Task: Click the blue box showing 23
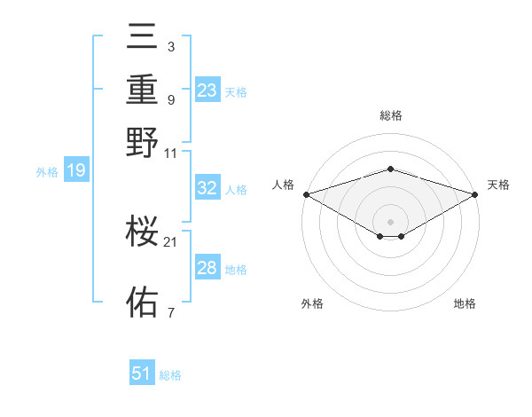(207, 90)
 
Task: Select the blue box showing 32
(207, 188)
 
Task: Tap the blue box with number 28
(207, 268)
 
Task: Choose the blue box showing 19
(75, 171)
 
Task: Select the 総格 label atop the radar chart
(390, 115)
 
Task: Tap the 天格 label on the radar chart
(498, 185)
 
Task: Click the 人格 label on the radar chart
(284, 185)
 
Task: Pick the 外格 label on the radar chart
(312, 304)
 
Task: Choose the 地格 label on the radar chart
(465, 304)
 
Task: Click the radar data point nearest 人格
(306, 194)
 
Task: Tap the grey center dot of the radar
(390, 221)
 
